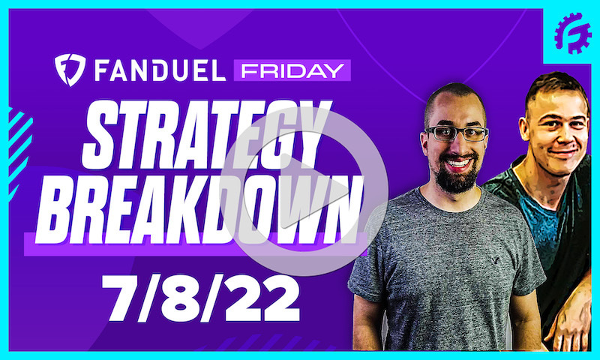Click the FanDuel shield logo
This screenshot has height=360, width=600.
(69, 70)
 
